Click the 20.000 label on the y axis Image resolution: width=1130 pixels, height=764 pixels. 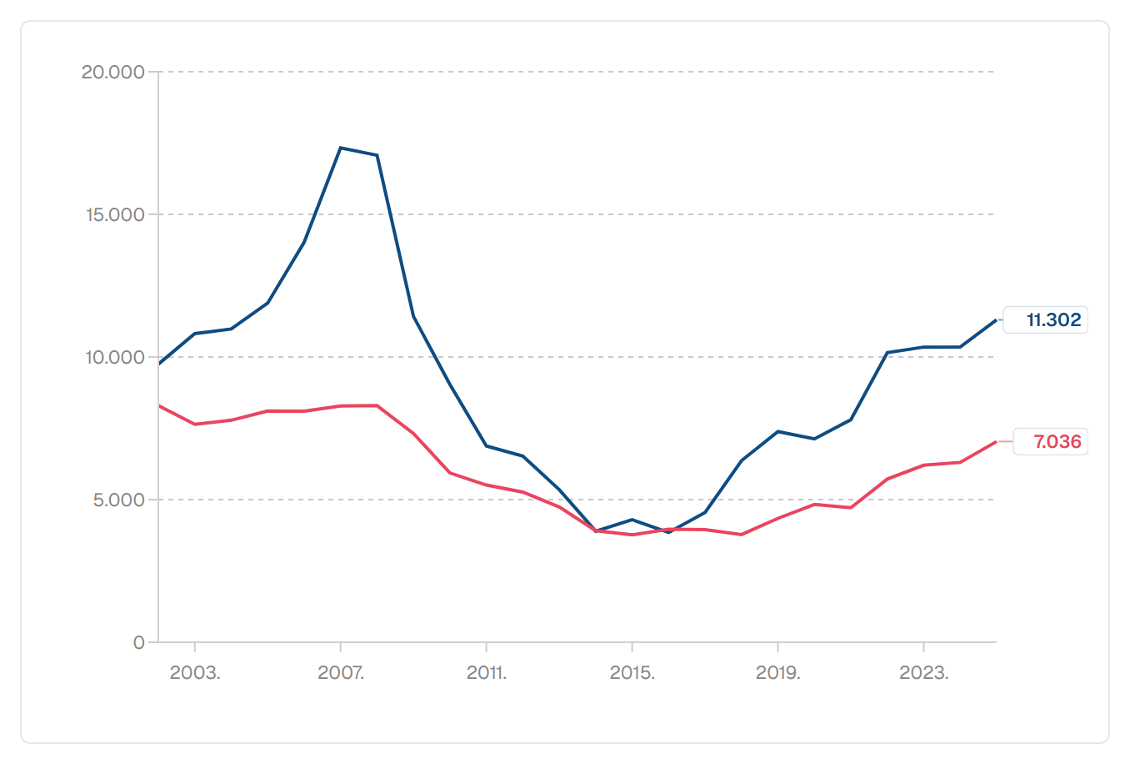(113, 73)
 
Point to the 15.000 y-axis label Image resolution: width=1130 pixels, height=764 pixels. (116, 215)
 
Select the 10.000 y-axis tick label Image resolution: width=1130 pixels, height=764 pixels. (116, 358)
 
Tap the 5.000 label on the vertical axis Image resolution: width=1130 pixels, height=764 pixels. (119, 500)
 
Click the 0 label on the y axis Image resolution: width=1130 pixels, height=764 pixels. (138, 643)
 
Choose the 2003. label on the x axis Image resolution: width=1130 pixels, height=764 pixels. (195, 672)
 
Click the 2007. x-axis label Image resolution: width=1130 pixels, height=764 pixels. (341, 672)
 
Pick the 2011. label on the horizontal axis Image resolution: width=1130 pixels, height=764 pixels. (487, 672)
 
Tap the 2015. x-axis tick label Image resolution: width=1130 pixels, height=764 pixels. (632, 672)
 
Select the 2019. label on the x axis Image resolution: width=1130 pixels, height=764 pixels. (778, 672)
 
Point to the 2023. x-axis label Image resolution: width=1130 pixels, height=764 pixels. (924, 672)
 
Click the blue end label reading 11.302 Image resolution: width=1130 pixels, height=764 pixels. (1054, 320)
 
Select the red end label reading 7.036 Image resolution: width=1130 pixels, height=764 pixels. (1057, 442)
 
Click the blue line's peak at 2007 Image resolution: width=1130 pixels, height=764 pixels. (341, 148)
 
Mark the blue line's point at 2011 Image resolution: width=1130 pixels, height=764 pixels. (487, 446)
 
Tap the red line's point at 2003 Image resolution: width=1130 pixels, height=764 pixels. (195, 425)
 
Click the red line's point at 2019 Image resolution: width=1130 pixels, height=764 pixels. (778, 518)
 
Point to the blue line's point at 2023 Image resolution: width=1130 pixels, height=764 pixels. (924, 347)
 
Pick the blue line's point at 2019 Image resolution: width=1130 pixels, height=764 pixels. (778, 431)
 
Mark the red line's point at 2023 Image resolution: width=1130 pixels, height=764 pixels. (924, 465)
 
